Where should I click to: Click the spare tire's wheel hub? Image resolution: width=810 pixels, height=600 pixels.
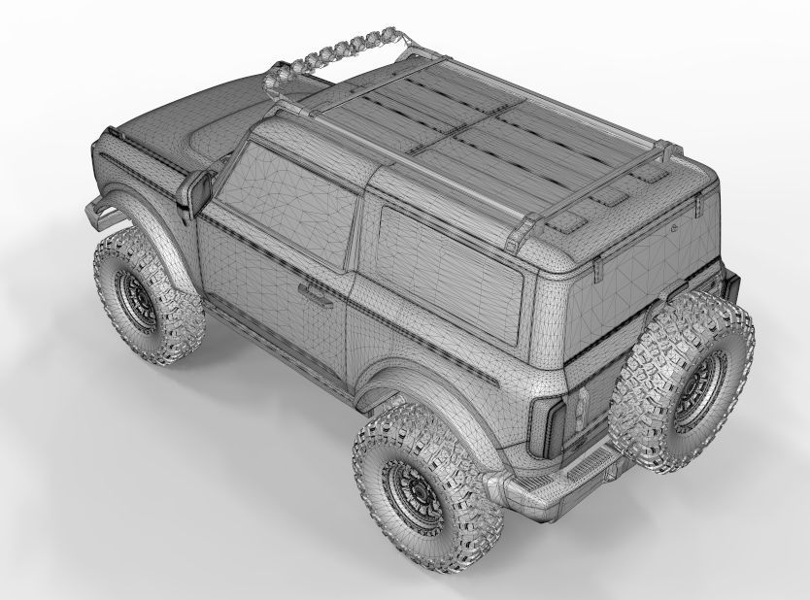click(x=698, y=388)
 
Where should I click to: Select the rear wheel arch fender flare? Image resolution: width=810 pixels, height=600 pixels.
click(x=408, y=379)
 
